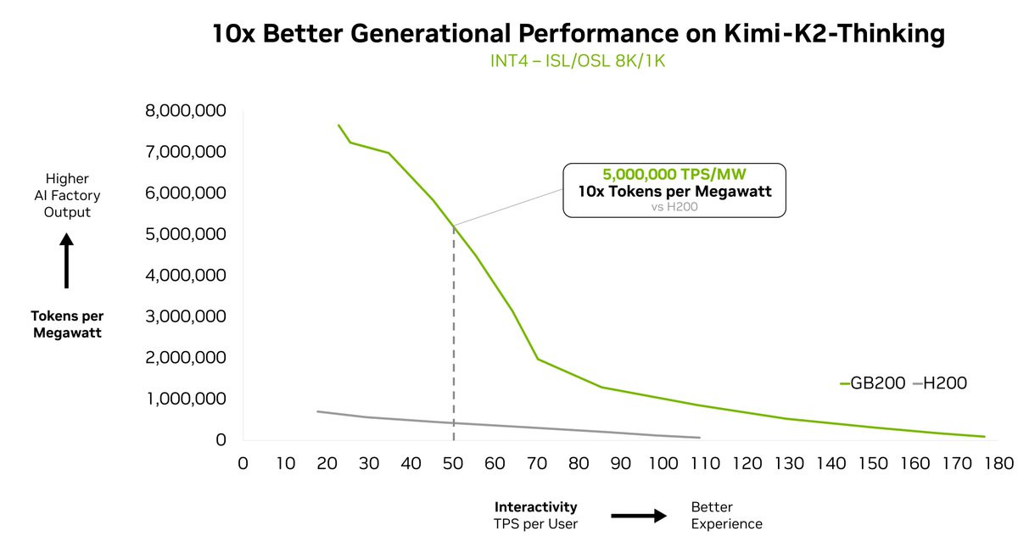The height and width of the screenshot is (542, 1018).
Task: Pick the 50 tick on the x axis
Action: tap(453, 463)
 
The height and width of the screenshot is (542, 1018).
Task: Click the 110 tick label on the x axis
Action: tap(706, 463)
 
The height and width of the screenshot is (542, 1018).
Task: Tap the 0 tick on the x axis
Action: tap(243, 463)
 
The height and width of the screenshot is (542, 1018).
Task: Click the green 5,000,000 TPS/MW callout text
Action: tap(674, 175)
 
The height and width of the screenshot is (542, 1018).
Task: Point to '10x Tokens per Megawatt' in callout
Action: tap(674, 191)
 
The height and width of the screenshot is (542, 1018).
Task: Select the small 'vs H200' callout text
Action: tap(674, 206)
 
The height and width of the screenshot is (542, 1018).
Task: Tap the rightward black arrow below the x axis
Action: tap(640, 515)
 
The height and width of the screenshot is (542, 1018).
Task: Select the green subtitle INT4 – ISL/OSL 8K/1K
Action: tap(577, 62)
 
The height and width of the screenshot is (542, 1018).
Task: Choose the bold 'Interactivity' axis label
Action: tap(536, 507)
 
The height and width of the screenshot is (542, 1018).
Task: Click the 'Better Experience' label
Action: tap(727, 515)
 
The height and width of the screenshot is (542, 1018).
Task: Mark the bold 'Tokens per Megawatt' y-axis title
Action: tap(67, 324)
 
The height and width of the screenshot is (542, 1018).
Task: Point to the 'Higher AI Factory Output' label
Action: tap(67, 195)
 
